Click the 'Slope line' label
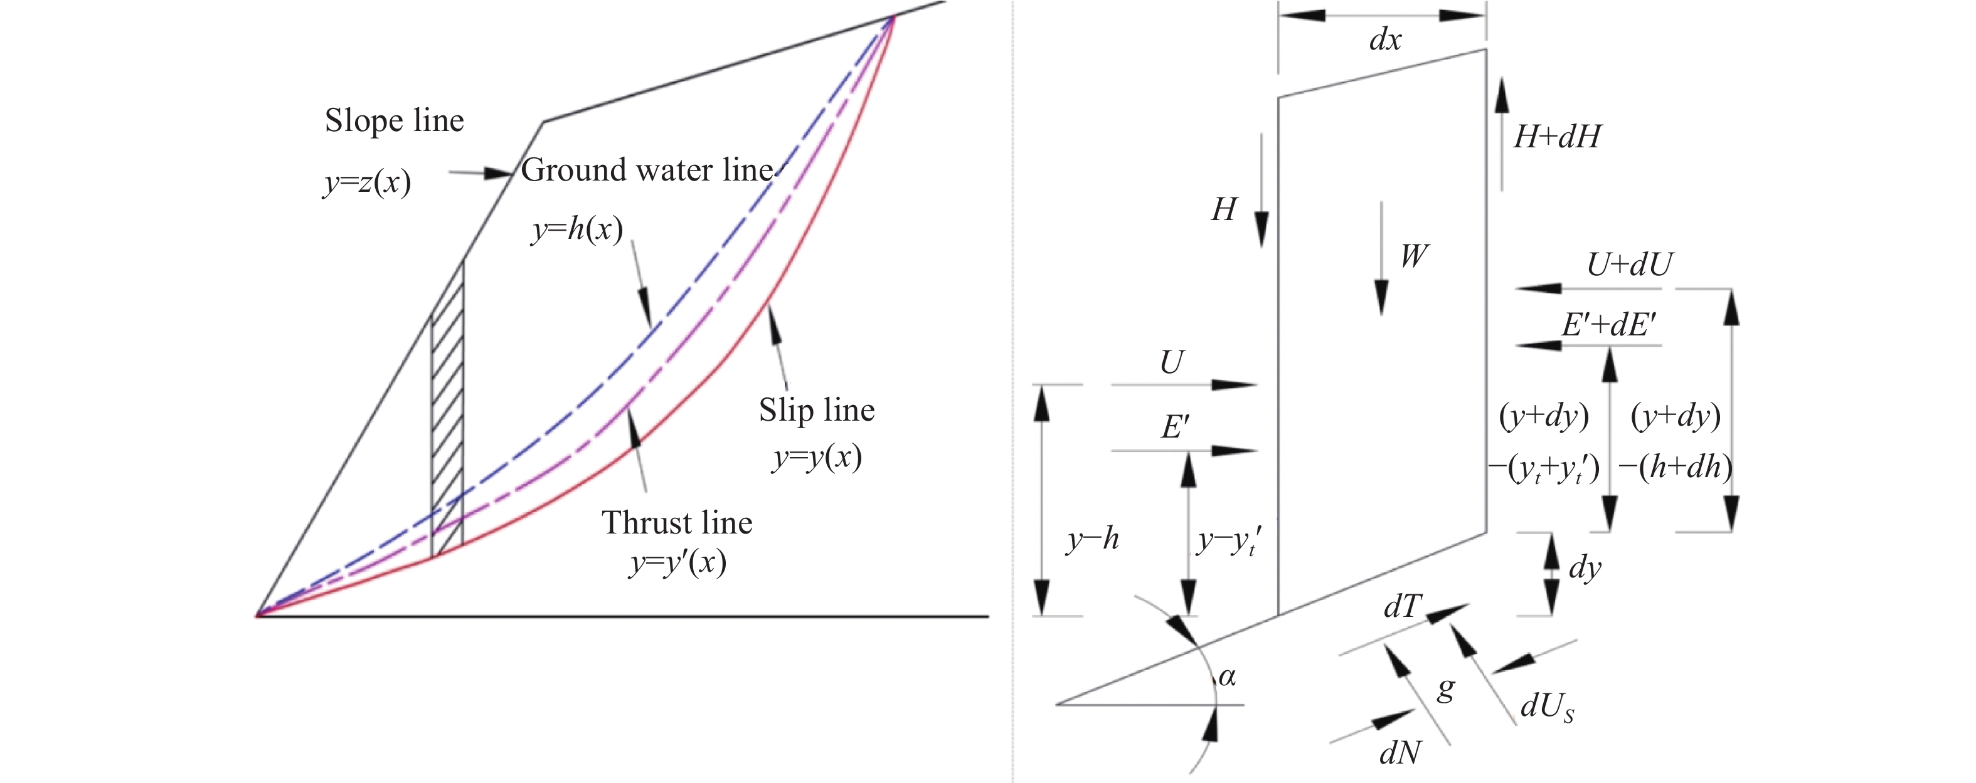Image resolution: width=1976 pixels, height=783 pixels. (395, 121)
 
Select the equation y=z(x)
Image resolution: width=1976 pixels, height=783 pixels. (368, 182)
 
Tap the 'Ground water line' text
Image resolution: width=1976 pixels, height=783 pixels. (647, 169)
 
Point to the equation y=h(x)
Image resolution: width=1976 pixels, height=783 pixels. (577, 229)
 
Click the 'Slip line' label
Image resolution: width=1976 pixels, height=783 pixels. (817, 410)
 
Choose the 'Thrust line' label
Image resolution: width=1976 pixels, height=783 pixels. (677, 523)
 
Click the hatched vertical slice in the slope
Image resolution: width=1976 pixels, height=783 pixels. (448, 429)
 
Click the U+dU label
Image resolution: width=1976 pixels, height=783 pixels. (1629, 265)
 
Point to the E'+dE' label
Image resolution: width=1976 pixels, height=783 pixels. (1608, 326)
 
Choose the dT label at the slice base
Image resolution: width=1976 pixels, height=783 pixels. (1403, 607)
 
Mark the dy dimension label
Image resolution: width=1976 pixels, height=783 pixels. (1585, 568)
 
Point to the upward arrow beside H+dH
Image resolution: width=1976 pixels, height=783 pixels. (1501, 134)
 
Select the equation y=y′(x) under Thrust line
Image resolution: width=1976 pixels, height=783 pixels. (677, 564)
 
